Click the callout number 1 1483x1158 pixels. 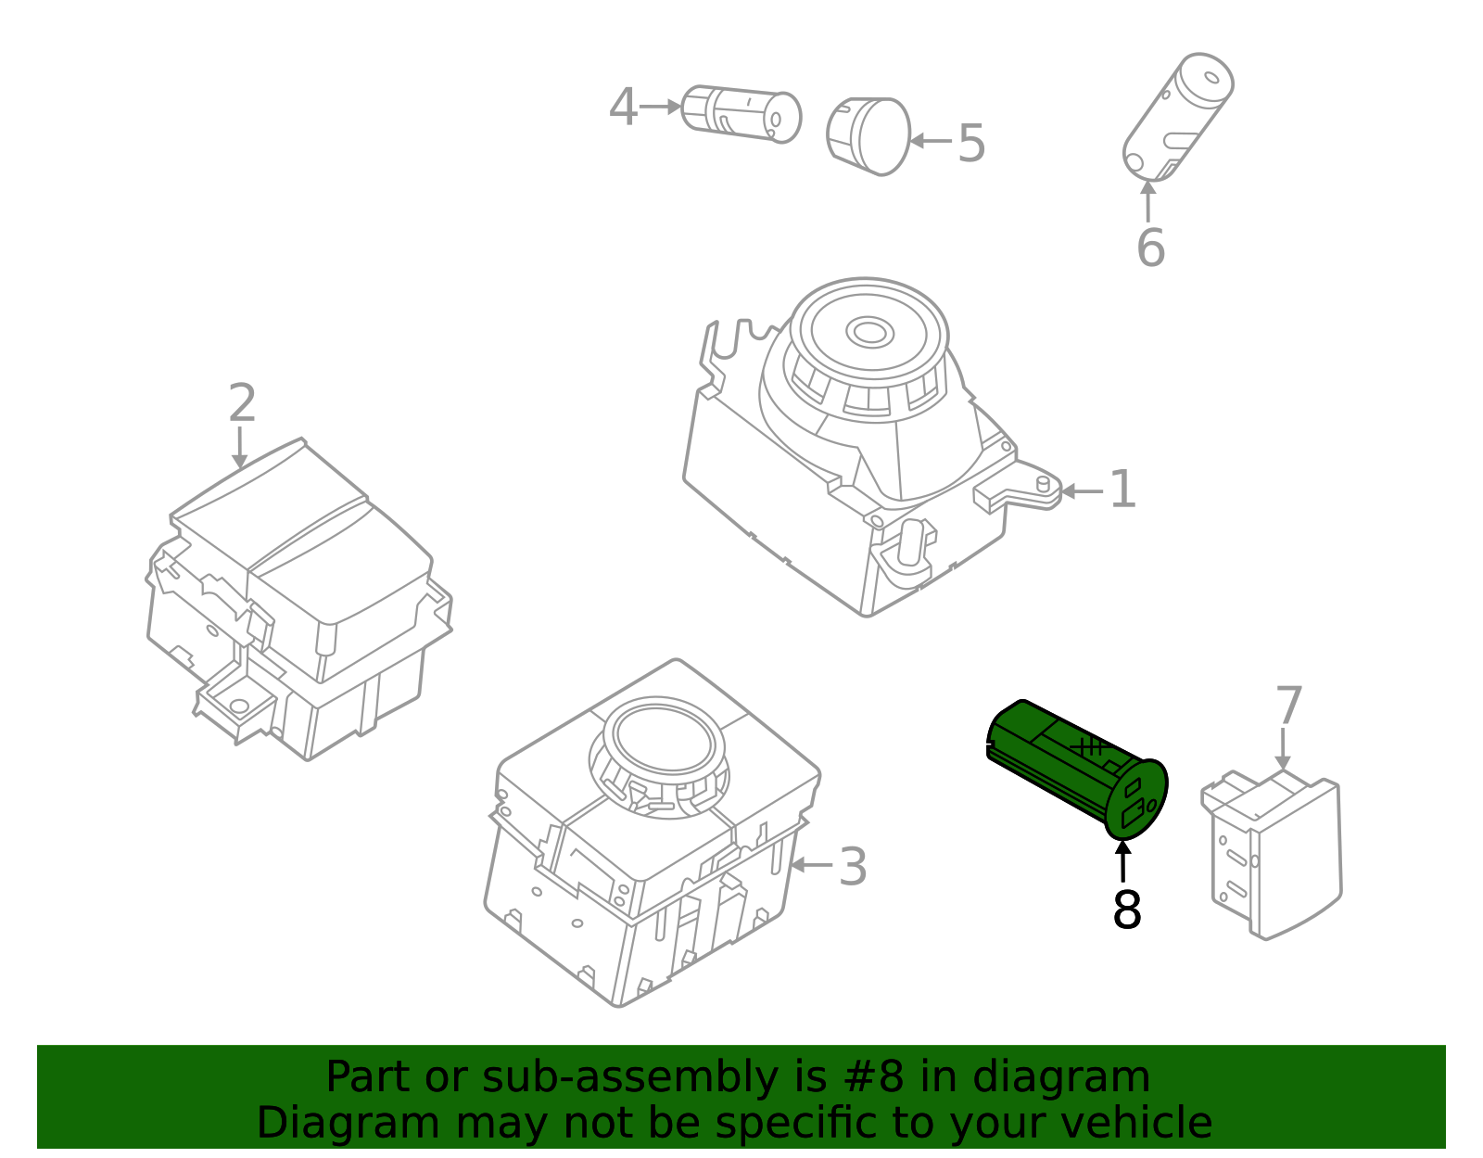click(x=1122, y=490)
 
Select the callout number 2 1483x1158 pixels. click(x=242, y=402)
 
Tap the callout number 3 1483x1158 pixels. click(x=853, y=867)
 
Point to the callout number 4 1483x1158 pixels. click(x=623, y=108)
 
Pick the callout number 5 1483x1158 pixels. click(x=972, y=143)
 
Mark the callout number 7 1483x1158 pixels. click(x=1289, y=706)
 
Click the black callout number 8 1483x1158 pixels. click(x=1127, y=909)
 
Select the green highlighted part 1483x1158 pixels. click(x=1077, y=769)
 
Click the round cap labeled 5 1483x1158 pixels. click(x=868, y=136)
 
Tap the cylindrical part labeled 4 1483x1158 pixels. click(x=741, y=115)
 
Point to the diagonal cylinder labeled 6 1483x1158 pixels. click(x=1178, y=118)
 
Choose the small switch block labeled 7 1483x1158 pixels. click(x=1272, y=857)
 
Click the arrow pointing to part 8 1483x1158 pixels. click(x=1122, y=862)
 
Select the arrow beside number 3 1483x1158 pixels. click(x=811, y=865)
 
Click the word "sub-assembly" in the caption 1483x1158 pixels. click(x=629, y=1078)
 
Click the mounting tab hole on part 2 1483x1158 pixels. click(x=239, y=706)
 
